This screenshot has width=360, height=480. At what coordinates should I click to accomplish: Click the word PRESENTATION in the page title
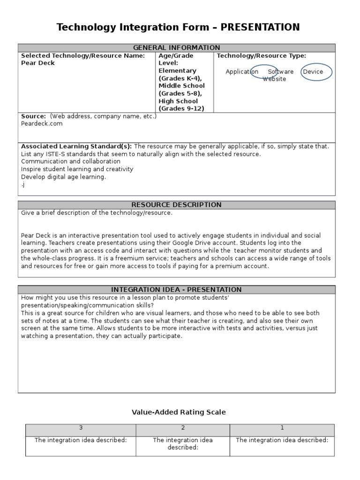click(260, 28)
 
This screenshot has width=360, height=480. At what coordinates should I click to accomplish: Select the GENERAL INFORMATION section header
click(176, 48)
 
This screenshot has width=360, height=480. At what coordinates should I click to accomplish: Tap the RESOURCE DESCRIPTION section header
click(176, 205)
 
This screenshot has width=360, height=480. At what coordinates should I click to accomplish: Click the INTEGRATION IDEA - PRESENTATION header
click(176, 290)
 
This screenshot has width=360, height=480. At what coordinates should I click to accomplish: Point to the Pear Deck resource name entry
click(38, 63)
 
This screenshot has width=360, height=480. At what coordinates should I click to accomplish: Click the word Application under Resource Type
click(242, 72)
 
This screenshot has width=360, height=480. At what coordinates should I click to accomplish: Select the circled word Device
click(313, 72)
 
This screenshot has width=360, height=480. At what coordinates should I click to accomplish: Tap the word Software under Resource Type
click(281, 72)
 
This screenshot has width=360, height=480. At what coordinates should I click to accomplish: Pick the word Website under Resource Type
click(274, 79)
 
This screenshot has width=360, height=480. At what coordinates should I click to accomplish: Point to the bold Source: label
click(33, 116)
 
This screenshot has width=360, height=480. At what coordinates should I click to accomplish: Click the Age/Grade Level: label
click(176, 59)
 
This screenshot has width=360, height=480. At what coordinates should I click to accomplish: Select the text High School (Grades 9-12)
click(179, 105)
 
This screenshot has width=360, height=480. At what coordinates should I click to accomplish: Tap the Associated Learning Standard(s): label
click(76, 146)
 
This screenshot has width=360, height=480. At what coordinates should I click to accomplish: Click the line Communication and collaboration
click(71, 161)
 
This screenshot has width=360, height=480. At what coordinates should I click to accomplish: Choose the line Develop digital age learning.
click(64, 177)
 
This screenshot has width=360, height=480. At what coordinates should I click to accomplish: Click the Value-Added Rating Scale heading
click(179, 412)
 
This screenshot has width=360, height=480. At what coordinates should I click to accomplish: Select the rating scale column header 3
click(81, 428)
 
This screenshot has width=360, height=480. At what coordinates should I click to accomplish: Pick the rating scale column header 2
click(182, 428)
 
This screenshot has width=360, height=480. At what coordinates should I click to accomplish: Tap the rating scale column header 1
click(282, 428)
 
